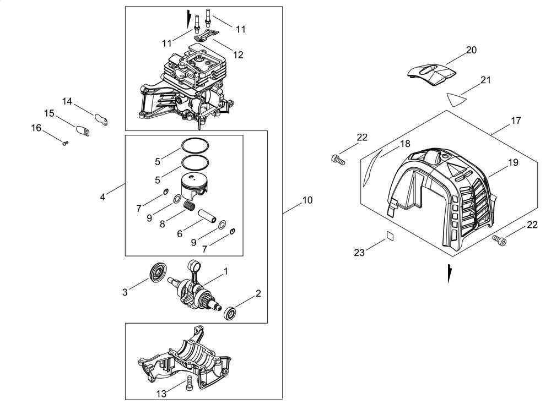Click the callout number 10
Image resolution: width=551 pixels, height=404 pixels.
pyautogui.click(x=307, y=200)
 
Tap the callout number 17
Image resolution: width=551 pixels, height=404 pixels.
pyautogui.click(x=516, y=120)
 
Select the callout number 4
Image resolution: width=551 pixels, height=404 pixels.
pyautogui.click(x=103, y=196)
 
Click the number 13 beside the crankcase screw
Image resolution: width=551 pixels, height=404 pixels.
pyautogui.click(x=161, y=394)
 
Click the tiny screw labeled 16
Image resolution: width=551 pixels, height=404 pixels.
pyautogui.click(x=65, y=143)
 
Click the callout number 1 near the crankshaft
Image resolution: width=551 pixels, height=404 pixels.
pyautogui.click(x=225, y=271)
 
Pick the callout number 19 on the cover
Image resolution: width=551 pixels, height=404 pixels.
pyautogui.click(x=513, y=163)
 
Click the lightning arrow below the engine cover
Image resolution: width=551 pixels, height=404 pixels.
pyautogui.click(x=450, y=273)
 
